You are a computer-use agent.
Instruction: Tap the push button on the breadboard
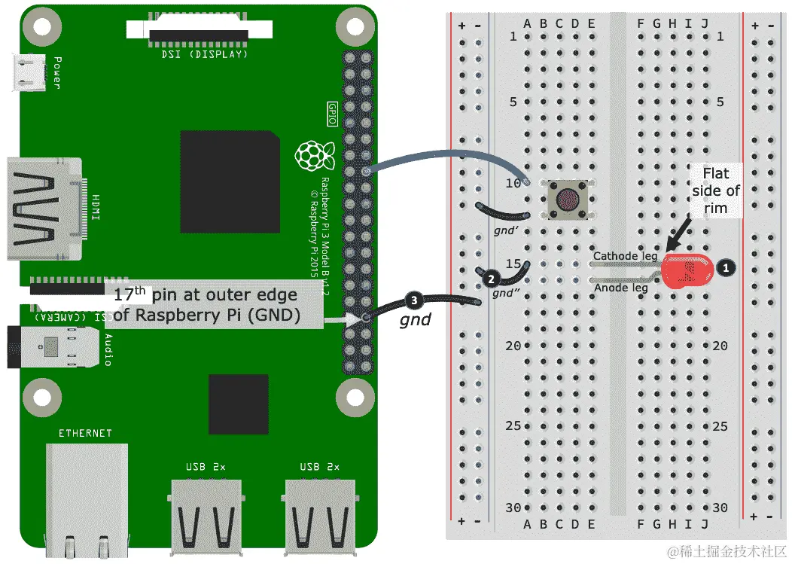pyautogui.click(x=568, y=199)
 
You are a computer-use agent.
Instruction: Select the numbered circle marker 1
pyautogui.click(x=726, y=267)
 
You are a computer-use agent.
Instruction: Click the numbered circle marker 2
pyautogui.click(x=491, y=278)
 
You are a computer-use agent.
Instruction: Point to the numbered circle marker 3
pyautogui.click(x=413, y=300)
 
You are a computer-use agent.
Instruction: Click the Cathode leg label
pyautogui.click(x=624, y=257)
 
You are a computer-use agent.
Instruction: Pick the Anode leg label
pyautogui.click(x=621, y=287)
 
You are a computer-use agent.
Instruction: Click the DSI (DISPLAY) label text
pyautogui.click(x=204, y=53)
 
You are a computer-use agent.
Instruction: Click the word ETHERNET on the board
pyautogui.click(x=85, y=433)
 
